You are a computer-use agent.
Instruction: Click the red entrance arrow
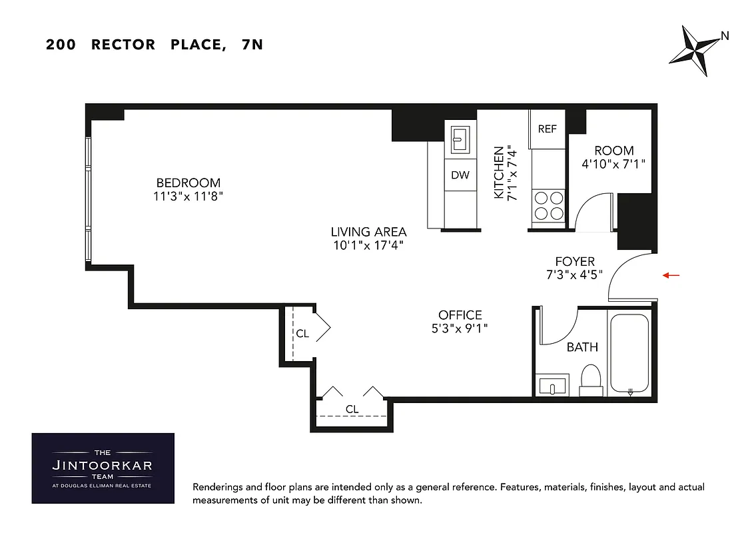tap(671, 274)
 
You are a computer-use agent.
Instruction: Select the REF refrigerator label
tap(547, 129)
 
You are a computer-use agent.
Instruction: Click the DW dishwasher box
tap(460, 175)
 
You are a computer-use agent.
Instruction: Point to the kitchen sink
tap(460, 139)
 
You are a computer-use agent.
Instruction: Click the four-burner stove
tap(548, 205)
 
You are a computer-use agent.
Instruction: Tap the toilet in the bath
tap(591, 379)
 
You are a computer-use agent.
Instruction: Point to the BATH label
tap(582, 347)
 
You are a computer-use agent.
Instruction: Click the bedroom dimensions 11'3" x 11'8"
tap(188, 196)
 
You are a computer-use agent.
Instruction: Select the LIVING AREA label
tap(368, 232)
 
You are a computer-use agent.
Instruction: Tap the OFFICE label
tap(460, 315)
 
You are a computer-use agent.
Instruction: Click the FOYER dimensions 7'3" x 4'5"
tap(574, 274)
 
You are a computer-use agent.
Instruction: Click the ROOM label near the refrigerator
tap(613, 151)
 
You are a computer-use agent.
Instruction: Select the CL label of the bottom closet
tap(352, 409)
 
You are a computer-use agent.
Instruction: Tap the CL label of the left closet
tap(302, 334)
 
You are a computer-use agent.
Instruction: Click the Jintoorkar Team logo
tap(103, 468)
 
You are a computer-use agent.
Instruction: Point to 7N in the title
tap(248, 45)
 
